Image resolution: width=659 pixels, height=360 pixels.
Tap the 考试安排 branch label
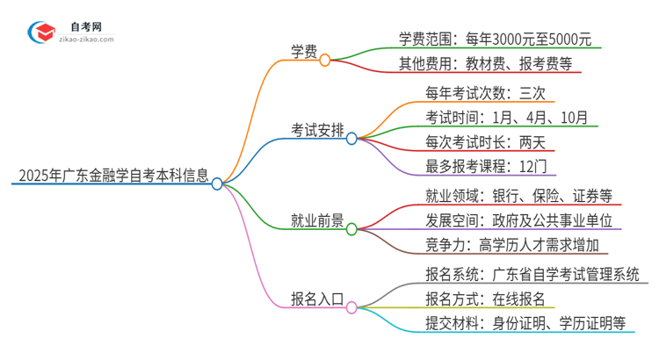316,129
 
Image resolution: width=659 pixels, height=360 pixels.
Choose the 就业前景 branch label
316,220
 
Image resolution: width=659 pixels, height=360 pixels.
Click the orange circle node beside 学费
325,60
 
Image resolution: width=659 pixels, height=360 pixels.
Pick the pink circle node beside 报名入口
351,307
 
